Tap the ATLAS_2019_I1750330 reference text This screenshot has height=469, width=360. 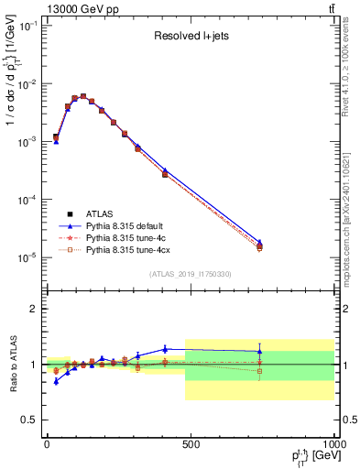click(x=189, y=274)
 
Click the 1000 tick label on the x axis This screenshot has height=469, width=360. click(x=332, y=446)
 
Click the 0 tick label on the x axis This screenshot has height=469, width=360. click(x=47, y=446)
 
